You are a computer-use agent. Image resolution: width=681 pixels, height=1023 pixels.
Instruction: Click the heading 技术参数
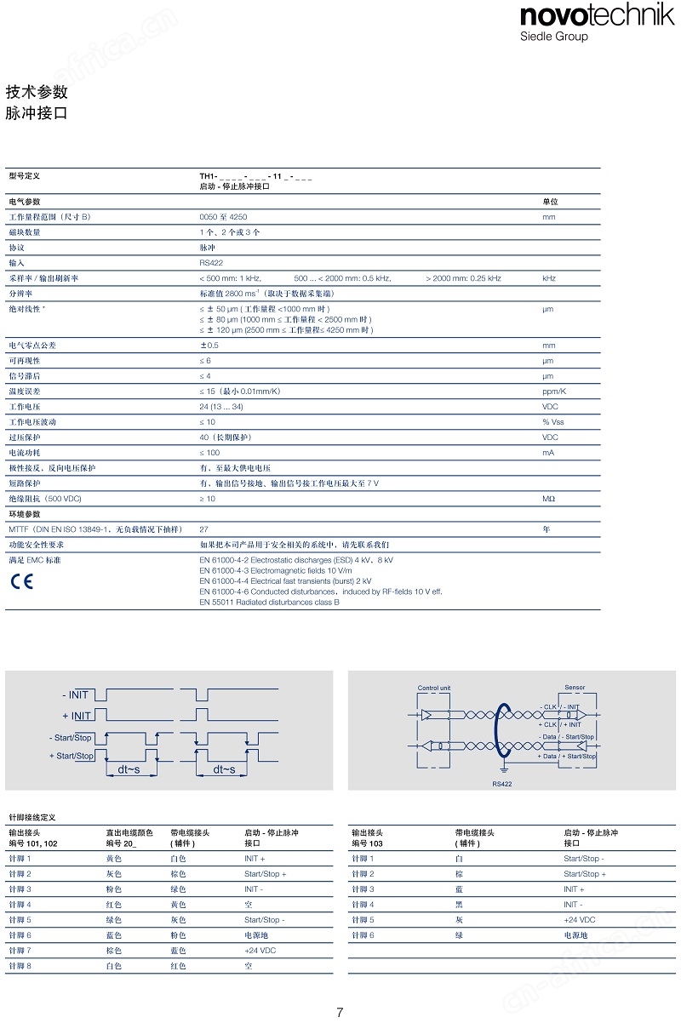[x=37, y=93]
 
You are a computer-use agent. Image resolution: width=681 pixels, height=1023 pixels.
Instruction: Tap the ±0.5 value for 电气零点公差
[x=209, y=346]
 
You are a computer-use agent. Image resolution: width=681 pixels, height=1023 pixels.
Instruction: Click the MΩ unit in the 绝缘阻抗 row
[x=549, y=498]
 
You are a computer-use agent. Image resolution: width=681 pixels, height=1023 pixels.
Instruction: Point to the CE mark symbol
[x=20, y=582]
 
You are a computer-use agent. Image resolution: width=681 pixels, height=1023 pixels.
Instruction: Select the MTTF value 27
[x=204, y=529]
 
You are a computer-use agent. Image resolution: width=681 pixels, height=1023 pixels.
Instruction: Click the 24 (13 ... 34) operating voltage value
[x=221, y=407]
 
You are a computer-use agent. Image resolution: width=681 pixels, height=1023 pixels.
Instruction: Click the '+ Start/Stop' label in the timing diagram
[x=72, y=756]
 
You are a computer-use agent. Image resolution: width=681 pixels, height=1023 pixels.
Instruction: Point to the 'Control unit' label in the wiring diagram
[x=434, y=688]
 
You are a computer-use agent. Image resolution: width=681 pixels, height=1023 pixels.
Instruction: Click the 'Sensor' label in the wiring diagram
[x=575, y=688]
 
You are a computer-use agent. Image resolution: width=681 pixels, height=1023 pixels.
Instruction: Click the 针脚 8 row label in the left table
[x=20, y=966]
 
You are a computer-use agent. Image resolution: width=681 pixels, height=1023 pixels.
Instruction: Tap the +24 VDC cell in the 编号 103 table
[x=579, y=920]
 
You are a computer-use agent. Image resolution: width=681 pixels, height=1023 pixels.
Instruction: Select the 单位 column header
[x=550, y=202]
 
